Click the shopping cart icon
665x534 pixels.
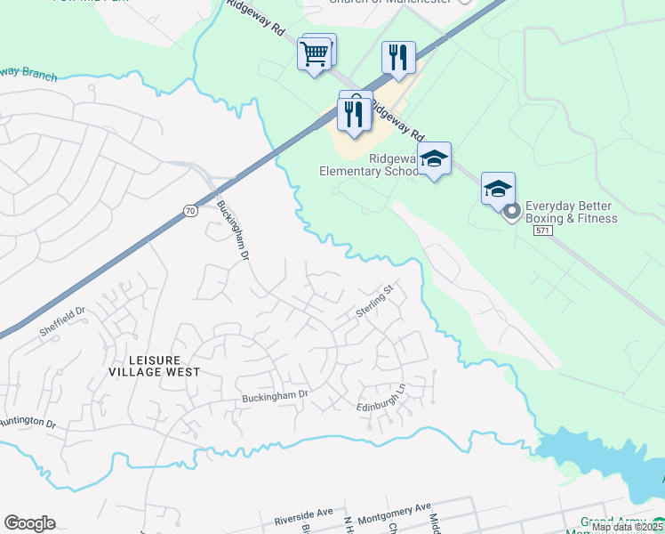coord(315,54)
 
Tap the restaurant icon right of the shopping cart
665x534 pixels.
coord(398,58)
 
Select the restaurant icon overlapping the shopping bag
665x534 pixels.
coord(354,112)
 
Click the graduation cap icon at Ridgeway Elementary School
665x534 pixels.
coord(434,158)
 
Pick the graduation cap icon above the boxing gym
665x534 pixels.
coord(498,189)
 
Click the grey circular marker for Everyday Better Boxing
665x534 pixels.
coord(511,212)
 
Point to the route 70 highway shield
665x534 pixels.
coord(190,210)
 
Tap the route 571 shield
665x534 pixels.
coord(543,230)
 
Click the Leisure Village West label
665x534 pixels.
coord(153,365)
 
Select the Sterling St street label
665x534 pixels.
coord(374,302)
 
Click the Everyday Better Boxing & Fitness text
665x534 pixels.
coord(571,211)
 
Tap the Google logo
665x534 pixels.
coord(29,523)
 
